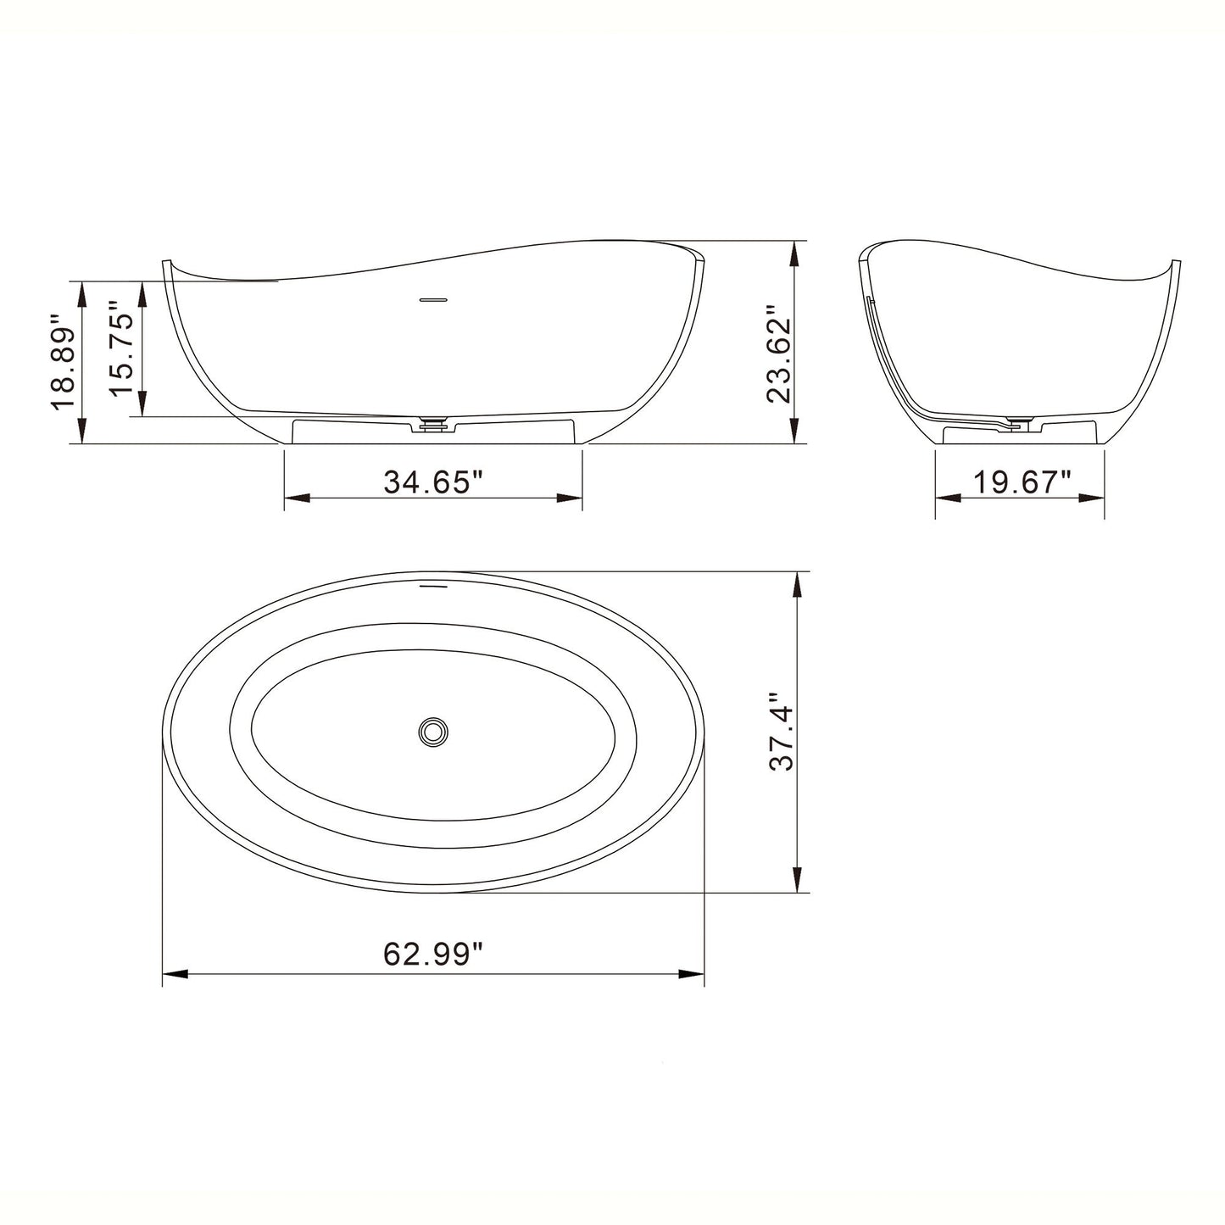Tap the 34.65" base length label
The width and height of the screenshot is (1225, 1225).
coord(432,482)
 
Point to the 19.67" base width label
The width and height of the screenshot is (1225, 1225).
coord(1022,482)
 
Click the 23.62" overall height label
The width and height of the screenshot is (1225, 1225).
coord(777,354)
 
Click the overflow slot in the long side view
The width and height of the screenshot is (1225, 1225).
coord(434,298)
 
